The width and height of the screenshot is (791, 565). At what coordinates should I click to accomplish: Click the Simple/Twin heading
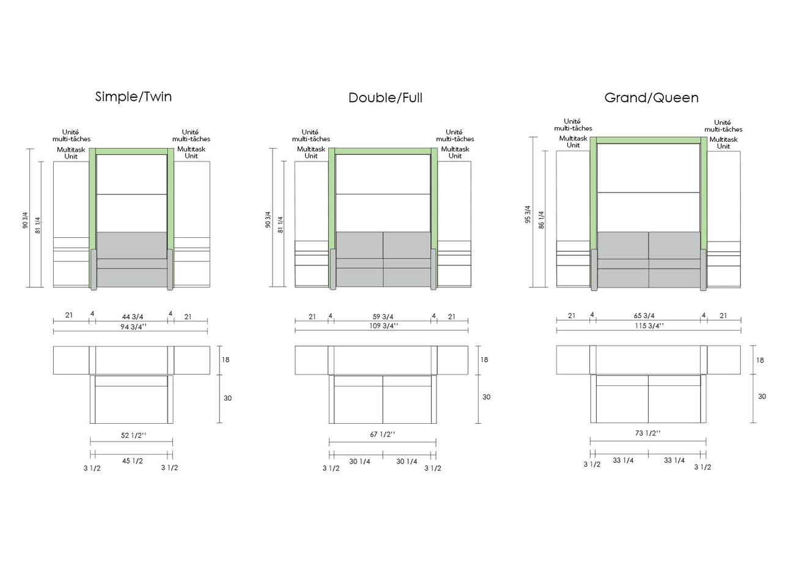pos(133,97)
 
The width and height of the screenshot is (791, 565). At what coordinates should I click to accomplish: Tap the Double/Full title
pos(385,98)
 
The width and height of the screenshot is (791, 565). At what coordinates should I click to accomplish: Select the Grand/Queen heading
pos(652,98)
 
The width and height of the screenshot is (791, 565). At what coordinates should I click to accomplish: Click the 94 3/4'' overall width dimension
pos(133,327)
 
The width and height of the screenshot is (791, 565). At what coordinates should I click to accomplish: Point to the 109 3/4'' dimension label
pos(383,325)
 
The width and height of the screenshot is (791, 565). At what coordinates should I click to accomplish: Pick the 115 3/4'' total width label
pos(649,325)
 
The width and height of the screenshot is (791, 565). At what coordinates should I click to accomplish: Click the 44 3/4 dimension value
pos(133,317)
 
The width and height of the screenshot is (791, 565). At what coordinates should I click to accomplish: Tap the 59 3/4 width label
pos(383,317)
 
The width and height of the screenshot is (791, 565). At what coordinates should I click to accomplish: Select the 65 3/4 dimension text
pos(644,316)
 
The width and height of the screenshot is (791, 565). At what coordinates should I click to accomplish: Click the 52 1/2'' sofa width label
pos(133,435)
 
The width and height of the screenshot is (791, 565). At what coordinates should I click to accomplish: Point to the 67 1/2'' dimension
pos(383,434)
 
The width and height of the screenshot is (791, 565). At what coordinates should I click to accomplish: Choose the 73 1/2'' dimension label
pos(647,433)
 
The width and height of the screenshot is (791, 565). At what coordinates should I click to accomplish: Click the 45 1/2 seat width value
pos(133,461)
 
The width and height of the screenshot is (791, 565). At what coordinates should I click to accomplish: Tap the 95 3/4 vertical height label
pos(528,215)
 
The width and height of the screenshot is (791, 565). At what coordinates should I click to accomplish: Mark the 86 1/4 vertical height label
pos(541,220)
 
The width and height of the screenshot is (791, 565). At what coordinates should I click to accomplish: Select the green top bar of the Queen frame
pos(649,140)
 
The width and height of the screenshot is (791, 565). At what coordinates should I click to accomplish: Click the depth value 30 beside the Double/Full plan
pos(486,397)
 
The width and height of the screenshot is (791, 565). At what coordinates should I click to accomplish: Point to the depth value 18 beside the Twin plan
pos(226,360)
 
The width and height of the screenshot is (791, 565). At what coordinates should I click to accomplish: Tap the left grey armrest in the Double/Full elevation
pos(333,270)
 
